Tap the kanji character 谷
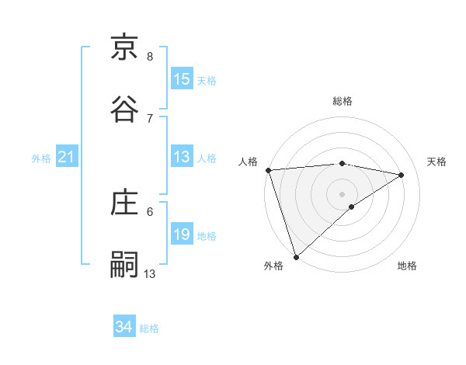click(x=125, y=109)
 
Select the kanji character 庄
click(x=125, y=203)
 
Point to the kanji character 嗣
click(x=125, y=264)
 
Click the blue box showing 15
click(x=182, y=79)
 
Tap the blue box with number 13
click(x=182, y=158)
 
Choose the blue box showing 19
click(x=182, y=235)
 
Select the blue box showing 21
click(x=67, y=158)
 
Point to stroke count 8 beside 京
click(x=150, y=57)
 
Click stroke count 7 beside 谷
click(x=150, y=118)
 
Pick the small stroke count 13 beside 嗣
click(x=150, y=273)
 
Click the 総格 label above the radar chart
click(x=343, y=101)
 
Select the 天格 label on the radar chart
click(x=436, y=162)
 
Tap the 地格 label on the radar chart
click(x=407, y=266)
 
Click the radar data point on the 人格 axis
click(x=268, y=170)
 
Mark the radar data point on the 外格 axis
click(x=296, y=256)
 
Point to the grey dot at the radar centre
click(x=343, y=193)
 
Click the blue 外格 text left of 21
click(x=41, y=158)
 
